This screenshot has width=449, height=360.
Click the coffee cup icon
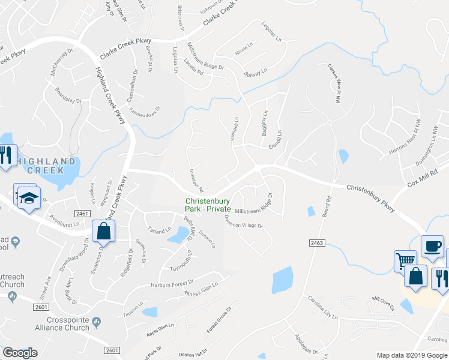(x=432, y=246)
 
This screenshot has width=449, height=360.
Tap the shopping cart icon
(x=405, y=260)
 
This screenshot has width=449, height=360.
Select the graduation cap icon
(x=28, y=197)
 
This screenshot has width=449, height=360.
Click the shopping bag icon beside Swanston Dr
(x=104, y=230)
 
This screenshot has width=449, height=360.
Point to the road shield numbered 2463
(x=318, y=242)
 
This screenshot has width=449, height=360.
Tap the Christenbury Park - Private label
(x=208, y=205)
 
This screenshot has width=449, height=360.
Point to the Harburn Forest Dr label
(x=173, y=282)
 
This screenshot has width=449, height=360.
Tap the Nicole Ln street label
(x=245, y=48)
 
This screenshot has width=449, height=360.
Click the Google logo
(x=20, y=353)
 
